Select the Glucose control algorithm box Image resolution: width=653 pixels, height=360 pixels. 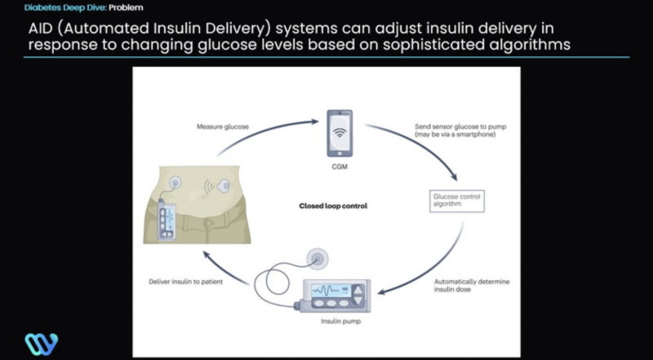457,201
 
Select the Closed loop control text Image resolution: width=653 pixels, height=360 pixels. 335,207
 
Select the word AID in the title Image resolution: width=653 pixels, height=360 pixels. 42,26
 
